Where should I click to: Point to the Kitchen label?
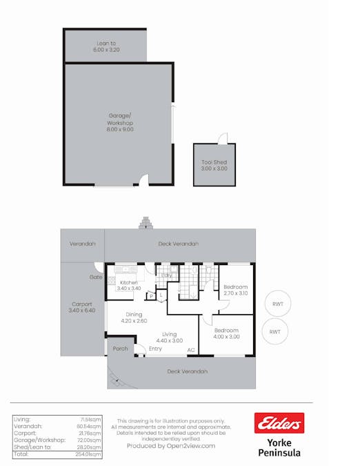[x=129, y=282]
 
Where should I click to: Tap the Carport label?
[x=82, y=304]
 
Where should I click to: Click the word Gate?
[x=95, y=277]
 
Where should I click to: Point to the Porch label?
[x=120, y=349]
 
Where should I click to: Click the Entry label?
[x=155, y=349]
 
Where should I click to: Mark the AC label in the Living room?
[x=190, y=350]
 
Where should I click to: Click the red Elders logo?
[x=279, y=423]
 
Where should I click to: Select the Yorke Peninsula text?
[x=279, y=447]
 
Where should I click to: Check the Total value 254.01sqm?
[x=90, y=455]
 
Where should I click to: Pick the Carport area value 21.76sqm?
[x=90, y=433]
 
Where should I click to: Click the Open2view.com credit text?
[x=170, y=446]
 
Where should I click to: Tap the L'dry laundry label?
[x=167, y=275]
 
